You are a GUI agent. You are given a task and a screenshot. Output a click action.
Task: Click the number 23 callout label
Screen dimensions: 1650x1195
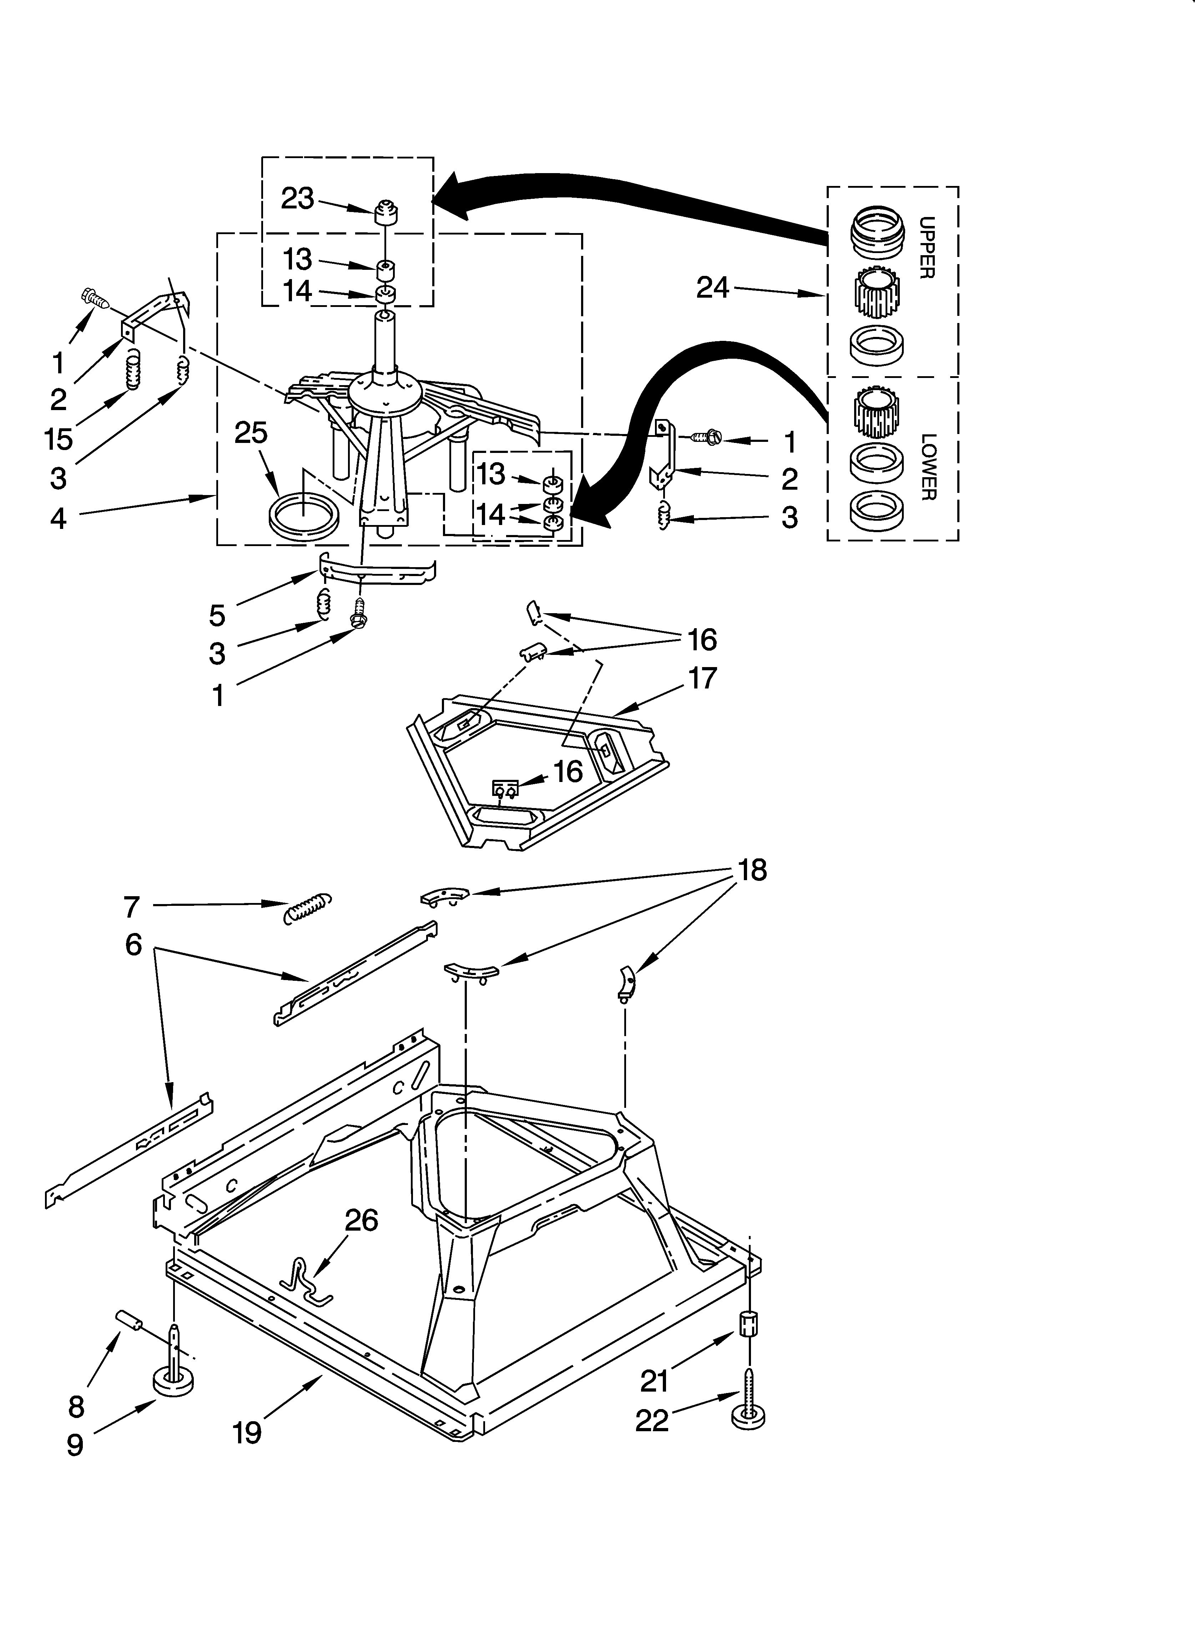(x=297, y=198)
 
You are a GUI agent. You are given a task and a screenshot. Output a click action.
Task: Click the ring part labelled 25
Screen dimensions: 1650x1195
(x=303, y=516)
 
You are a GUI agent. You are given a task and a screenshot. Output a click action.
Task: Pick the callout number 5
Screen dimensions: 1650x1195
(x=217, y=615)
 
